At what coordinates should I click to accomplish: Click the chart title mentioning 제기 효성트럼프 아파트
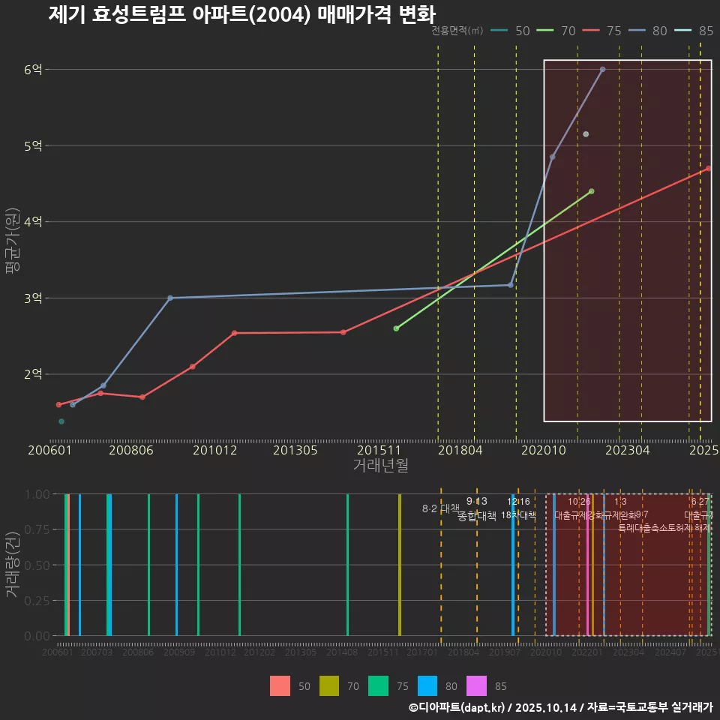(241, 14)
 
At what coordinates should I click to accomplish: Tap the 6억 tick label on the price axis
(33, 70)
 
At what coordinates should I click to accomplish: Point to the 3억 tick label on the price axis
(33, 298)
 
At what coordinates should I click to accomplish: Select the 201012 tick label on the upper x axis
(214, 451)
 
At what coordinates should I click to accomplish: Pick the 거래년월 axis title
(380, 466)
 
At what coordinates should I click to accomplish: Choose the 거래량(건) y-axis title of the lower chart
(13, 564)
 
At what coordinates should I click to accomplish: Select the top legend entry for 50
(512, 31)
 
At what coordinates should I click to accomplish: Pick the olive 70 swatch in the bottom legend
(330, 685)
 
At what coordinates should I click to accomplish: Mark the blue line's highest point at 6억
(602, 69)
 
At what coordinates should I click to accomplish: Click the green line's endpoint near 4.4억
(591, 191)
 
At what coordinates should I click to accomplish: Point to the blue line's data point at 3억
(170, 298)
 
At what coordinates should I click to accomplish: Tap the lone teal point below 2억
(61, 421)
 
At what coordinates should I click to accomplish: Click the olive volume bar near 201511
(400, 565)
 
